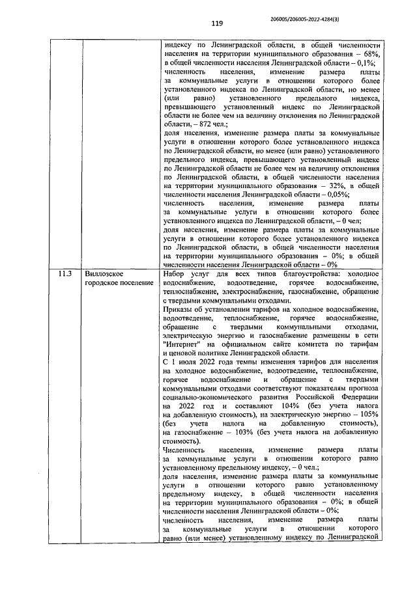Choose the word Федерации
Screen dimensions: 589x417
click(358, 396)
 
